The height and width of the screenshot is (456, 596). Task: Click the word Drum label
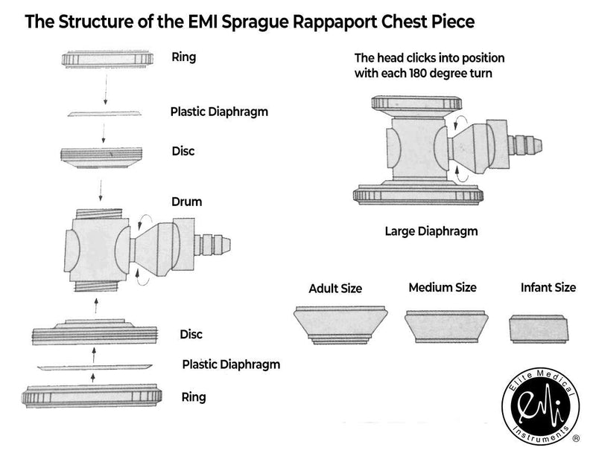click(187, 202)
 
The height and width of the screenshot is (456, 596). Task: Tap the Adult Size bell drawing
click(340, 325)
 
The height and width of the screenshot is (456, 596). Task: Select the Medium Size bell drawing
click(446, 327)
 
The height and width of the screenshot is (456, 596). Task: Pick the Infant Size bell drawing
click(539, 329)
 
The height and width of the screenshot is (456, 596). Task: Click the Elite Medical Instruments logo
click(541, 406)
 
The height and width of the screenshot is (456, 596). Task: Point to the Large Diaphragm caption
click(431, 231)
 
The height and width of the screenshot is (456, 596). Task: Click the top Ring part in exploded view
click(107, 60)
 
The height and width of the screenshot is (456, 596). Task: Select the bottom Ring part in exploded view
click(92, 396)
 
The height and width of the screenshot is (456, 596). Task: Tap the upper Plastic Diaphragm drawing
click(104, 114)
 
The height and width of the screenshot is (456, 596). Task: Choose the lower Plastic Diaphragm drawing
click(95, 367)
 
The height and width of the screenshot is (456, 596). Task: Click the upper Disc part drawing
click(101, 157)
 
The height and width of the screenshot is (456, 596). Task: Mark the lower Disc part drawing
click(95, 333)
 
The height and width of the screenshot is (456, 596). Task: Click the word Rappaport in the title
click(335, 22)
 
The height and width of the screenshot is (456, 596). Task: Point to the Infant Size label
click(548, 287)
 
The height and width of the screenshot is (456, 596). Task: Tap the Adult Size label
click(335, 289)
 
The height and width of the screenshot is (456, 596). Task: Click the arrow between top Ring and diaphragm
click(106, 89)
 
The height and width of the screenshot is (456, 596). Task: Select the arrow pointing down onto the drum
click(101, 190)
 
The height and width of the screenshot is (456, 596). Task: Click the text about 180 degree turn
click(430, 65)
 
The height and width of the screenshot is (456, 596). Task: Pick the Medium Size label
click(443, 287)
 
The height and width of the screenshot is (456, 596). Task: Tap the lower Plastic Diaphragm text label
click(231, 365)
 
